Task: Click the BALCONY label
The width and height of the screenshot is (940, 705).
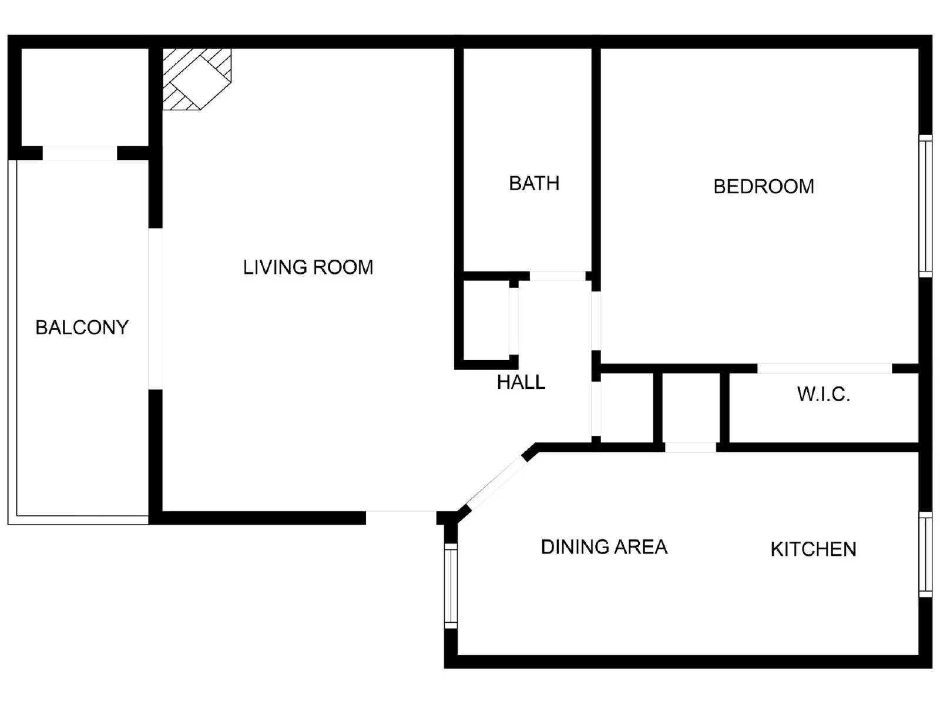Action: [x=82, y=327]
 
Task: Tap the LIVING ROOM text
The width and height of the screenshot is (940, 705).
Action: [x=308, y=267]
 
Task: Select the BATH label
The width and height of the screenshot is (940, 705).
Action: [x=533, y=183]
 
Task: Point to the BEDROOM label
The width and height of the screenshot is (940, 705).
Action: [x=763, y=186]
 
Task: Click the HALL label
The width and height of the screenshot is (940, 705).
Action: [x=521, y=382]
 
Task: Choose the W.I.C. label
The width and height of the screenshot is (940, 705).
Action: [x=823, y=394]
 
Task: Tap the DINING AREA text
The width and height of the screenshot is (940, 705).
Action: [x=603, y=547]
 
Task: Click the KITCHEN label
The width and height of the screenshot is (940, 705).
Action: [x=813, y=549]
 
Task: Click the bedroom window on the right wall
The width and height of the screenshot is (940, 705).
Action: [x=925, y=206]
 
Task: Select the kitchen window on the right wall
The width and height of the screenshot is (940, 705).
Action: [x=925, y=554]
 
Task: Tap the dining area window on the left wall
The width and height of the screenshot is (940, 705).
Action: [x=451, y=585]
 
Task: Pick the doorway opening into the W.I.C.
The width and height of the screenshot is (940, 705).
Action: [x=824, y=368]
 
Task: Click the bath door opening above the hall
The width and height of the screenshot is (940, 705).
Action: [x=558, y=276]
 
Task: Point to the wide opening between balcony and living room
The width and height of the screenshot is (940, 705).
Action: [x=155, y=308]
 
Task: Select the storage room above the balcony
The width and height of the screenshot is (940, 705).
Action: [x=85, y=97]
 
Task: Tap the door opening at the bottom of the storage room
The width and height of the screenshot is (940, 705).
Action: [x=80, y=153]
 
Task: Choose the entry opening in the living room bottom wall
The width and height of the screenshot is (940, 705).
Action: [x=401, y=518]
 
